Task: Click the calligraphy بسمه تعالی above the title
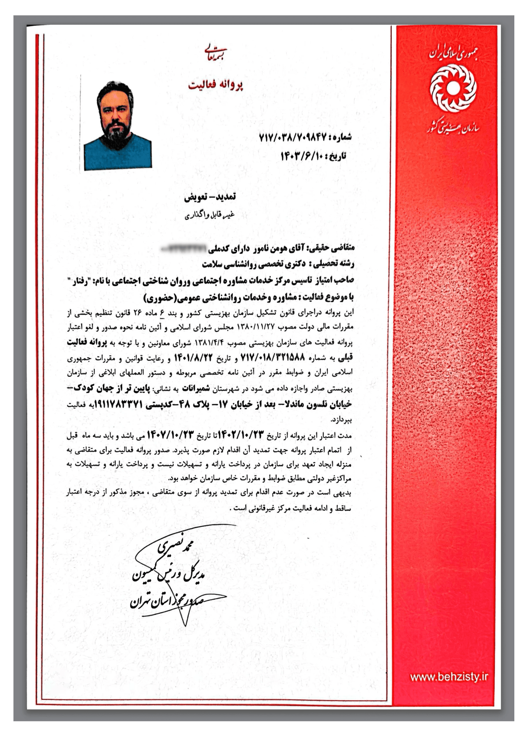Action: click(216, 50)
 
